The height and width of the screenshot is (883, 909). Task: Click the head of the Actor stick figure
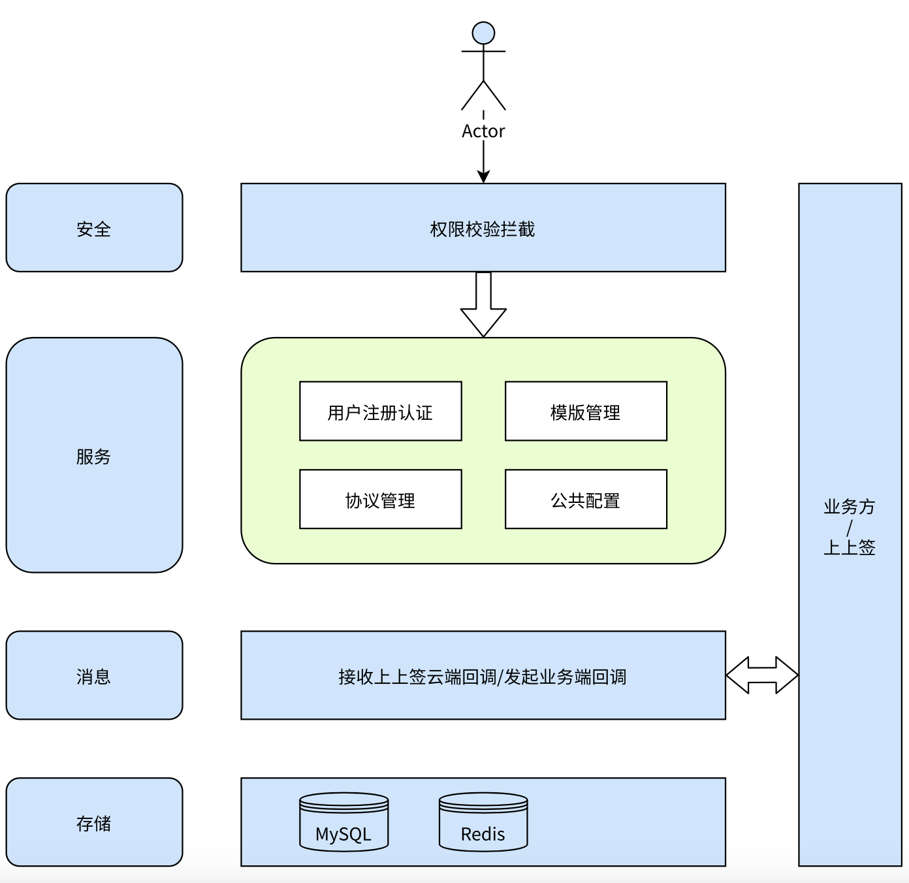(483, 33)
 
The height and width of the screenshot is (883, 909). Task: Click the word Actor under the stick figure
(483, 131)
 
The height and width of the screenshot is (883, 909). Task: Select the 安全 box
(94, 227)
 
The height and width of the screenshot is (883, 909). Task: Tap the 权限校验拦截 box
(483, 227)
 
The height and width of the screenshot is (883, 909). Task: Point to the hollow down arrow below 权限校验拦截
(483, 304)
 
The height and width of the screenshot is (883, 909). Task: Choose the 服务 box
(94, 455)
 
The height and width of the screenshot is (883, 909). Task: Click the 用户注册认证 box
(381, 411)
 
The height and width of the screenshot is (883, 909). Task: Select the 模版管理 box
(586, 411)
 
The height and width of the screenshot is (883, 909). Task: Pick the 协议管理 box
(381, 499)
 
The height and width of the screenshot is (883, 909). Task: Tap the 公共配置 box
(586, 499)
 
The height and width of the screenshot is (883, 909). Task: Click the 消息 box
(94, 675)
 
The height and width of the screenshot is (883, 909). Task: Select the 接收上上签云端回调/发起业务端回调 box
(483, 675)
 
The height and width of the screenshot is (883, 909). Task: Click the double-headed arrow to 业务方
(762, 675)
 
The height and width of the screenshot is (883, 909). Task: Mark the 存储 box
(94, 822)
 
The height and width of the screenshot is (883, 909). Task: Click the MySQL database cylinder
(343, 822)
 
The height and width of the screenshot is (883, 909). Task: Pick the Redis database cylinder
(483, 822)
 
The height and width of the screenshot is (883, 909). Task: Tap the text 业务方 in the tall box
(850, 507)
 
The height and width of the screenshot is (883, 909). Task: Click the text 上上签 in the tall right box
(850, 547)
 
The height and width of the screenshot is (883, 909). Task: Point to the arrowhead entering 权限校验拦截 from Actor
(483, 176)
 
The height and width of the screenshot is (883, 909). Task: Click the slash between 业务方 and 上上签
(850, 528)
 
